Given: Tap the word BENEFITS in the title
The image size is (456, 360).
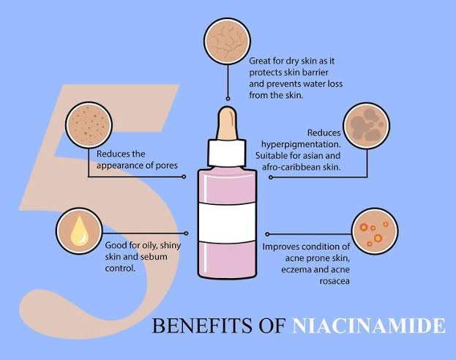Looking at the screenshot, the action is point(193,324).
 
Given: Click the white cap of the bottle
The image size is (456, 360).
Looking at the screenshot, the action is point(227,154).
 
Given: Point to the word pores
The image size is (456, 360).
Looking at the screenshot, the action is point(173,165).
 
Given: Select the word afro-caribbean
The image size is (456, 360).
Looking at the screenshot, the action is point(288,167).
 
